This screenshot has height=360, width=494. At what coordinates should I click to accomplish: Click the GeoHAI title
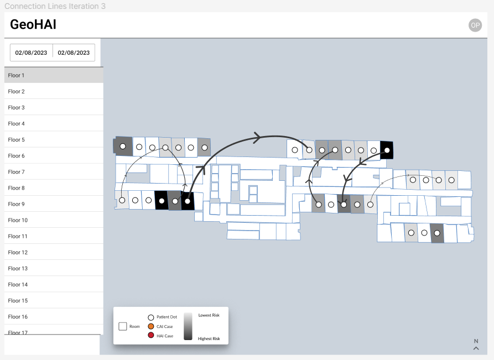[x=33, y=24]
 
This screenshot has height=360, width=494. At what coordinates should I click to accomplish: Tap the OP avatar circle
[x=475, y=25]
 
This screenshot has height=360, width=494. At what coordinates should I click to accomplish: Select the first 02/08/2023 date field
[x=31, y=53]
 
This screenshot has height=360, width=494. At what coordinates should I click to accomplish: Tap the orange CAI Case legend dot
[x=151, y=326]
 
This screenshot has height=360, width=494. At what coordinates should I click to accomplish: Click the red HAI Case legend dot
[x=151, y=336]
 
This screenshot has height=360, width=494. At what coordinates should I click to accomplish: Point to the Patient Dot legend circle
[x=151, y=317]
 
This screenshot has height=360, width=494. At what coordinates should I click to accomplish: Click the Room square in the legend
[x=123, y=326]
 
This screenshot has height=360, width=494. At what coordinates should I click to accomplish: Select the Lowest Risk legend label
[x=209, y=315]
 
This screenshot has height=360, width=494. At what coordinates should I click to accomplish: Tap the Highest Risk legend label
[x=209, y=338]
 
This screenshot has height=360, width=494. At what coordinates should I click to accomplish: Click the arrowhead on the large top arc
[x=258, y=137]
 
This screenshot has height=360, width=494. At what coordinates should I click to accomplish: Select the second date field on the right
[x=74, y=53]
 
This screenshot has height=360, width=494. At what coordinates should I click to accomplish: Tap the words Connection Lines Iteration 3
[x=55, y=6]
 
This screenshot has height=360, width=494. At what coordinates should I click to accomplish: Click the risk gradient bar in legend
[x=188, y=326]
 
